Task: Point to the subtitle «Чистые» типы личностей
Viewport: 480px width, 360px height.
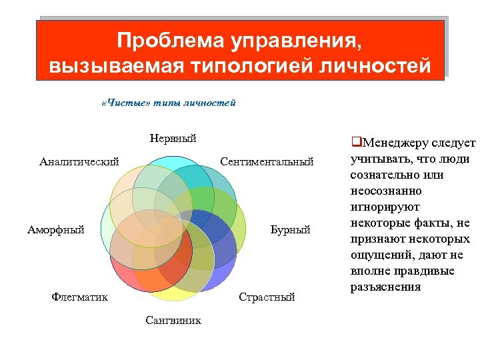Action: tap(167, 103)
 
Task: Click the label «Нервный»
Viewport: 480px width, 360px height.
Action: tap(173, 139)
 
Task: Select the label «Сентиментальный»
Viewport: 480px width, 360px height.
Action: tap(267, 161)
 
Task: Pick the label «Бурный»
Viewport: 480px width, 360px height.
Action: tap(290, 229)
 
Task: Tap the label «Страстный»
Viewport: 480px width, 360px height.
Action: tap(267, 297)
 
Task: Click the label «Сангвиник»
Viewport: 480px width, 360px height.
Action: tap(173, 320)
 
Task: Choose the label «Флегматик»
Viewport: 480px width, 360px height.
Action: tap(79, 297)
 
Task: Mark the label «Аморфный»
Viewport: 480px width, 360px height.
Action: tap(56, 229)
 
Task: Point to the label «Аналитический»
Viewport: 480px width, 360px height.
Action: tap(79, 161)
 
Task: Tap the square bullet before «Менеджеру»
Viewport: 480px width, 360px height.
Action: tap(355, 142)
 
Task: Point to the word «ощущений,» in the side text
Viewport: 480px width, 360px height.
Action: tap(379, 255)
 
